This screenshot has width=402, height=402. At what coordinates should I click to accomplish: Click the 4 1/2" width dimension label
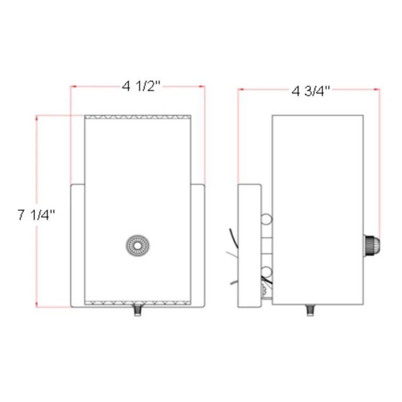pos(141,86)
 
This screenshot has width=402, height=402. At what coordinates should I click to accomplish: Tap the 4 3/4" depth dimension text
pos(311,91)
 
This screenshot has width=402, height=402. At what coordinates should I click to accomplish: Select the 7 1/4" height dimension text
pos(36,215)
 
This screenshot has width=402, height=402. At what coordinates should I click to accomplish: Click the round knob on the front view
pos(137,245)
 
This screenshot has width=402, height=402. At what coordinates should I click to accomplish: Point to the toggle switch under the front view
pos(137,309)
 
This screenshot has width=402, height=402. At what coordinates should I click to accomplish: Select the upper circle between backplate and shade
pos(267,219)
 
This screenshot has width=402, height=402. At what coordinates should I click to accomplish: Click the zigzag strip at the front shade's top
pos(137,117)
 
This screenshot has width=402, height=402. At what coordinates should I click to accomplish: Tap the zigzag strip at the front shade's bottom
pos(137,303)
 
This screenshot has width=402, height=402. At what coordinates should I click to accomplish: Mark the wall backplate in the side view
pos(249,245)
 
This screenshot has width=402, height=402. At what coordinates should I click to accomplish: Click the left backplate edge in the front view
pos(78,245)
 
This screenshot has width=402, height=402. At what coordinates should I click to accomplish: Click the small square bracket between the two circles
pos(267,247)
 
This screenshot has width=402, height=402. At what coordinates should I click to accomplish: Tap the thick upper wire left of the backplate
pos(232,237)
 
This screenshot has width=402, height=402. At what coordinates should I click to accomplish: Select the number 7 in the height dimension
pos(21,215)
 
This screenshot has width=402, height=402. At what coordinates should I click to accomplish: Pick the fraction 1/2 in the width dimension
pos(149,86)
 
